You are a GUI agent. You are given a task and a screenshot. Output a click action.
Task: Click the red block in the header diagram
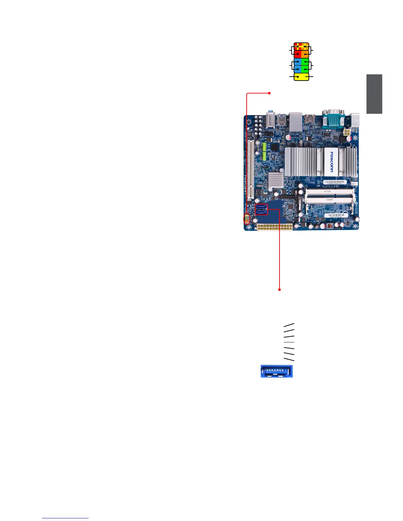pyautogui.click(x=297, y=53)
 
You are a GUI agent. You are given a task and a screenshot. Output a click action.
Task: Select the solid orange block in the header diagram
pyautogui.click(x=305, y=53)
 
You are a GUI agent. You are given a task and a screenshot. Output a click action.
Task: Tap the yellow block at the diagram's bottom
pyautogui.click(x=301, y=77)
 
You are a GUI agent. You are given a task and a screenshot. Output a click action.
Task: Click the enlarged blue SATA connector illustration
pyautogui.click(x=277, y=371)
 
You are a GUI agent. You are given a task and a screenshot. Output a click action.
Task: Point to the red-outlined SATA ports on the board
pyautogui.click(x=262, y=210)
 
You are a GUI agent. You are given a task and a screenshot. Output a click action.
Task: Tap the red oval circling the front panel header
pyautogui.click(x=246, y=219)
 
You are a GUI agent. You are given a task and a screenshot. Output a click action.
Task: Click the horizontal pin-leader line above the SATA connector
pyautogui.click(x=289, y=342)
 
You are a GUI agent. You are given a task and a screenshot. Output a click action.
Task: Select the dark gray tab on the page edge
pyautogui.click(x=374, y=94)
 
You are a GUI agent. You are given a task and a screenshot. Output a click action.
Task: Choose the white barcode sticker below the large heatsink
pyautogui.click(x=335, y=182)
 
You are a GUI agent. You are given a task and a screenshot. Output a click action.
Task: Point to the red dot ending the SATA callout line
pyautogui.click(x=280, y=290)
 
